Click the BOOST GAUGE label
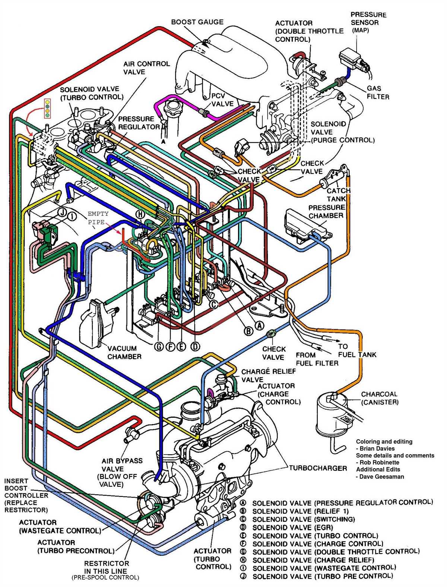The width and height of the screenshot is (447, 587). click(x=197, y=22)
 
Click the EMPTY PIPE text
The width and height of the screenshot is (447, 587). click(x=98, y=218)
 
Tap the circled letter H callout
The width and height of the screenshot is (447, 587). click(x=139, y=214)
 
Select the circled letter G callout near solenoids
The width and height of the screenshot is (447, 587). click(x=159, y=347)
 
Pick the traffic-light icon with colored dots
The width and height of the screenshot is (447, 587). click(x=47, y=108)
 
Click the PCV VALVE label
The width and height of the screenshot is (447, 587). click(x=222, y=100)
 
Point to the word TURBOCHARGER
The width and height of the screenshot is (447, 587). click(x=318, y=468)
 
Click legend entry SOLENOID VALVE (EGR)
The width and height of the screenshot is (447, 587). click(x=292, y=527)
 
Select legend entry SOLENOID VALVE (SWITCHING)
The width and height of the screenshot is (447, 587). click(x=303, y=519)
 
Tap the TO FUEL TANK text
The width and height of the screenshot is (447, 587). click(x=357, y=350)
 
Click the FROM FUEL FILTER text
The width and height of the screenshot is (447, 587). click(x=317, y=359)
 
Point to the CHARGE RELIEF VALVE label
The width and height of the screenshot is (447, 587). click(x=268, y=375)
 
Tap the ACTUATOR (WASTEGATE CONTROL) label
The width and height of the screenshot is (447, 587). click(x=60, y=526)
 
